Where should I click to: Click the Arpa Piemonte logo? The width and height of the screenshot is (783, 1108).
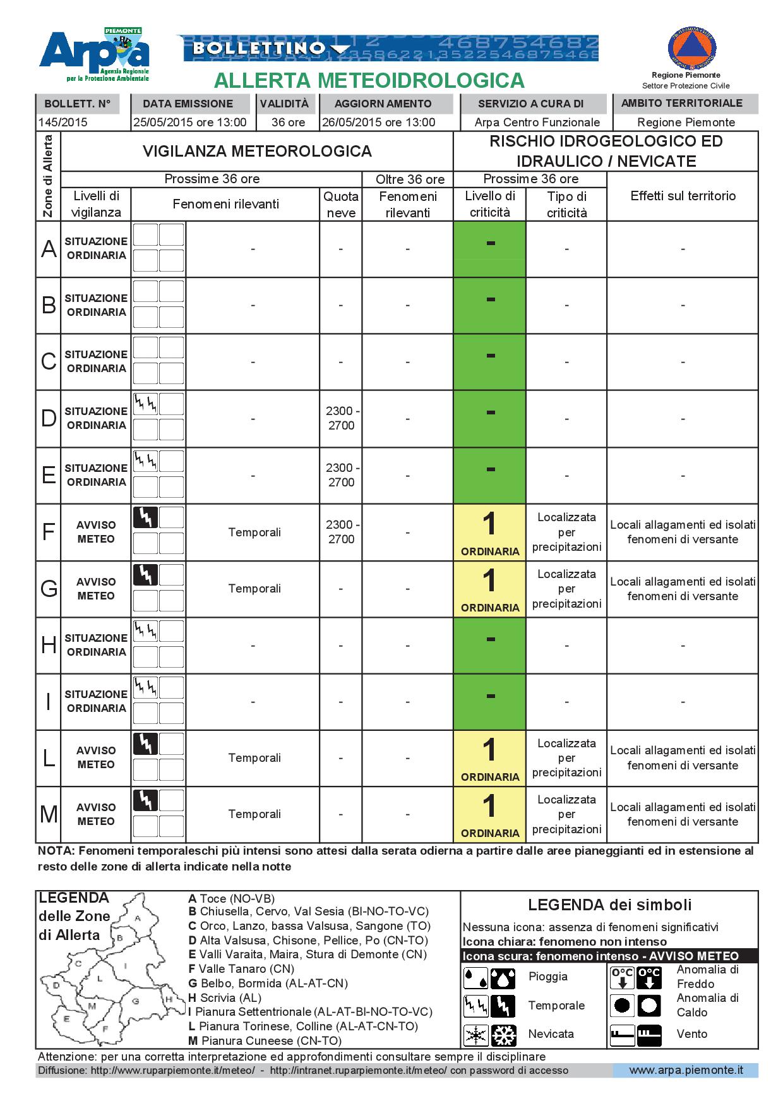95,56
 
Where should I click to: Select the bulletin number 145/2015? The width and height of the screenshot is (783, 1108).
63,123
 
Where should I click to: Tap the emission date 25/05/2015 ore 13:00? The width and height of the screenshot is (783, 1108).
189,123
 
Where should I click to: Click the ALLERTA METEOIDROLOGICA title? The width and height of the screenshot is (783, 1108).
369,81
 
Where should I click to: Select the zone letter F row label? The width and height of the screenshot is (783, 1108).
49,532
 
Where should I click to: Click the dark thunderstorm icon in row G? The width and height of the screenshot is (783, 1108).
145,575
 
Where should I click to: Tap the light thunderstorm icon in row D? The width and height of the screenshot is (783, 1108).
145,404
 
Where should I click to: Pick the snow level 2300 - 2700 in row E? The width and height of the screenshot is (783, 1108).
341,475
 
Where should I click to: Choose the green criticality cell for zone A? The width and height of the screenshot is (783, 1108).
489,249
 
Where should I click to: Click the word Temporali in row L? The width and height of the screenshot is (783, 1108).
254,757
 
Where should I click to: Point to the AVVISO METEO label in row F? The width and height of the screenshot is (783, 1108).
96,532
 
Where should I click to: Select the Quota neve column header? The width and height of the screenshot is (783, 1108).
341,205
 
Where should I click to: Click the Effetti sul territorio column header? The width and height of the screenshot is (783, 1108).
683,196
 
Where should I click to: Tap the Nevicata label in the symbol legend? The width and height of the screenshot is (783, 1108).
551,1034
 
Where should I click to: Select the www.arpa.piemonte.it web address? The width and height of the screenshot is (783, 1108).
686,1070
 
